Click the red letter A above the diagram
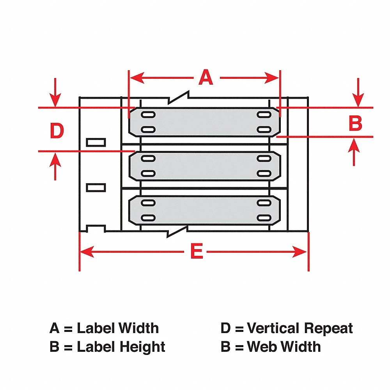coord(206,77)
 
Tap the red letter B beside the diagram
coord(355,124)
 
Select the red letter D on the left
coord(57,131)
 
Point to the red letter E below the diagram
coord(197,252)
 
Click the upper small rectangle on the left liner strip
coord(96,142)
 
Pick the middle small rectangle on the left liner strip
coord(96,188)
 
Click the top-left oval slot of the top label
coord(148,115)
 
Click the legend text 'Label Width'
coord(118,328)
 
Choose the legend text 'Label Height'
coord(121,347)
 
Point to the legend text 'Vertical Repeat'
coord(300,328)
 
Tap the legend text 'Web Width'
coord(284,347)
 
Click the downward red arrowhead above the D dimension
coord(56,100)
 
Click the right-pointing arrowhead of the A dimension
coord(273,78)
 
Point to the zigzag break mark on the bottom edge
coord(178,231)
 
